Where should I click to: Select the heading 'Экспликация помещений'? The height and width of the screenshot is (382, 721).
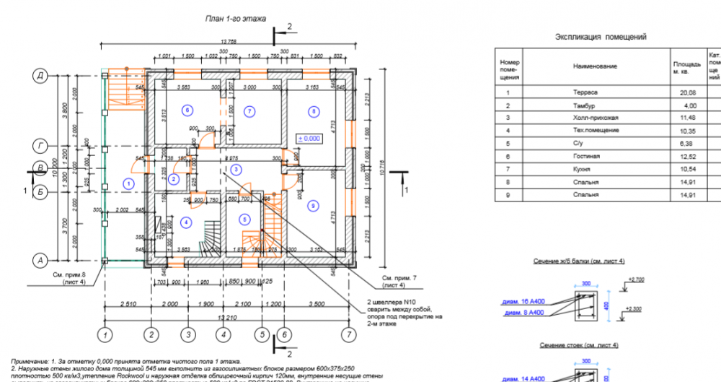601,36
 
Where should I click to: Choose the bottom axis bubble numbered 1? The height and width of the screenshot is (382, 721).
106,335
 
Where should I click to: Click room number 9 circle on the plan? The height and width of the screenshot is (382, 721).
313,206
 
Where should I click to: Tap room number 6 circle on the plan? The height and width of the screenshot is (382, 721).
187,110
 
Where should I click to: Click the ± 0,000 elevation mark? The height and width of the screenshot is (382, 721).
309,138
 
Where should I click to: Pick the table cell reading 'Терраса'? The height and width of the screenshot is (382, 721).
585,92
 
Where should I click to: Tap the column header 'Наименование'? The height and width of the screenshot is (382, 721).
595,66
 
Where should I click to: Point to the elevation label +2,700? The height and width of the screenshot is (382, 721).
636,279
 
